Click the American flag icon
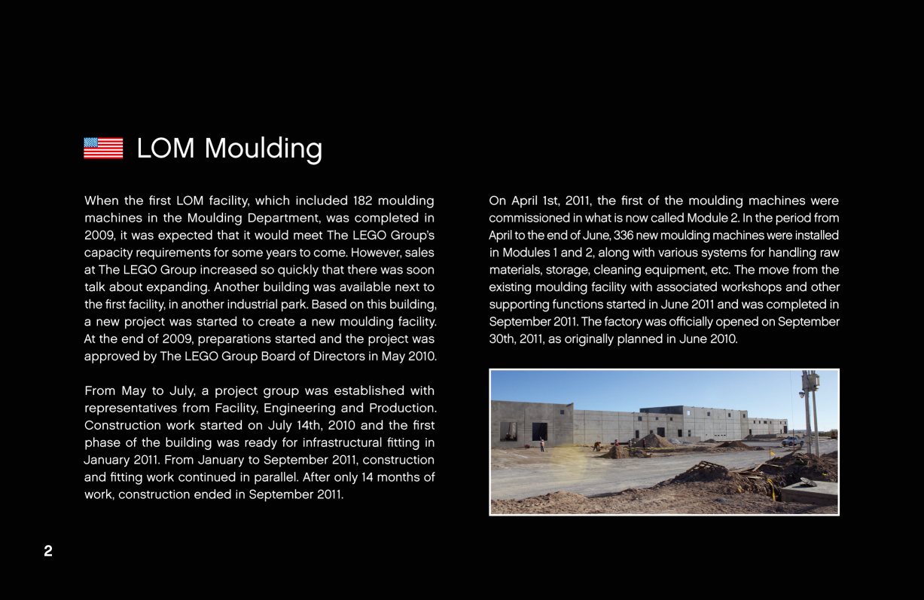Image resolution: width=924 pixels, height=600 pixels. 103,148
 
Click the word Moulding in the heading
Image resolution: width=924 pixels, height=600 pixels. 264,148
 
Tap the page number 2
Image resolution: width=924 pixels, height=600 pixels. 48,552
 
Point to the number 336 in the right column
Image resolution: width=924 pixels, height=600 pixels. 625,235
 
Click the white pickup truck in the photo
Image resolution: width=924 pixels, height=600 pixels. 791,441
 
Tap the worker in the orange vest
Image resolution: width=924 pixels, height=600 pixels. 542,444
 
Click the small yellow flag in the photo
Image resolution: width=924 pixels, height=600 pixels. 771,454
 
